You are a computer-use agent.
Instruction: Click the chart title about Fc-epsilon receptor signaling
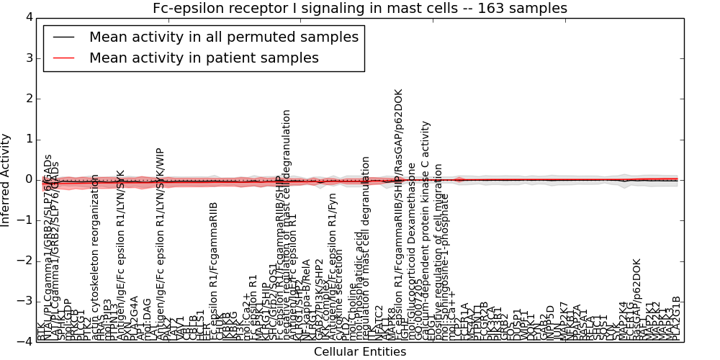359,8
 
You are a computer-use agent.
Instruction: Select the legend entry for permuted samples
223,37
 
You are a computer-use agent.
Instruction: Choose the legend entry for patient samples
204,58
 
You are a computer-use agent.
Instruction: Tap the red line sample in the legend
63,58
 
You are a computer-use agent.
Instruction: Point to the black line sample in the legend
63,37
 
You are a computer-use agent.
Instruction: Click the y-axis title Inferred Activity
6,179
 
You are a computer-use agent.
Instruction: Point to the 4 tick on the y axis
27,17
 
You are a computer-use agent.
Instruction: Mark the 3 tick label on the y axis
27,58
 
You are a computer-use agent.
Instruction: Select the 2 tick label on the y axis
27,99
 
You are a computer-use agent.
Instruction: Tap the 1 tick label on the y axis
27,139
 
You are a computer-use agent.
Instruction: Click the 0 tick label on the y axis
27,179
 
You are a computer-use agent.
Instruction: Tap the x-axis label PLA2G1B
676,317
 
